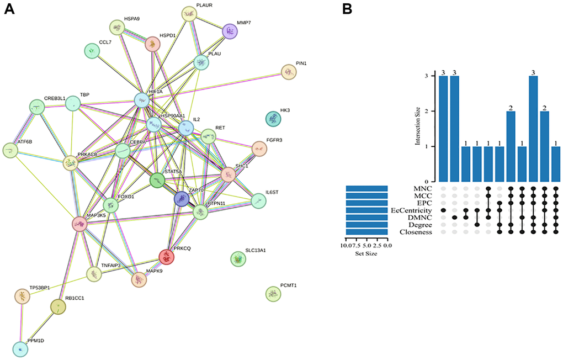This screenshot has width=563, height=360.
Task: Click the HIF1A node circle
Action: (x=143, y=100)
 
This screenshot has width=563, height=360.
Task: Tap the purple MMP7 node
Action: (x=231, y=31)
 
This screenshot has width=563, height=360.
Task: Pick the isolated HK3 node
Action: (x=272, y=119)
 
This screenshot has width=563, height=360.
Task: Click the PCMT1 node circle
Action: (x=273, y=294)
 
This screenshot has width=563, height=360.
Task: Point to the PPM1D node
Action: (x=20, y=350)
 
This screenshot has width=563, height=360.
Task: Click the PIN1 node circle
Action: (x=289, y=72)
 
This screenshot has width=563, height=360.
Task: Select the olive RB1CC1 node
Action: (x=58, y=306)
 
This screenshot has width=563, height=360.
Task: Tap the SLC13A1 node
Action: (x=238, y=258)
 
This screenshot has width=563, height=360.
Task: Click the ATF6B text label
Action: (x=25, y=141)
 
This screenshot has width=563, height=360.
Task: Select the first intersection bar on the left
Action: (x=444, y=129)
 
